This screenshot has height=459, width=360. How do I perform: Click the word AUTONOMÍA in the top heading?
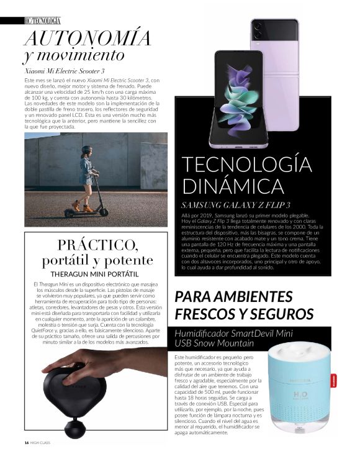point(88,38)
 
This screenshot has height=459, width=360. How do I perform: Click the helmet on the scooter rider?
point(87,150)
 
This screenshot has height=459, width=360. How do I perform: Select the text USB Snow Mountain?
point(215,343)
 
